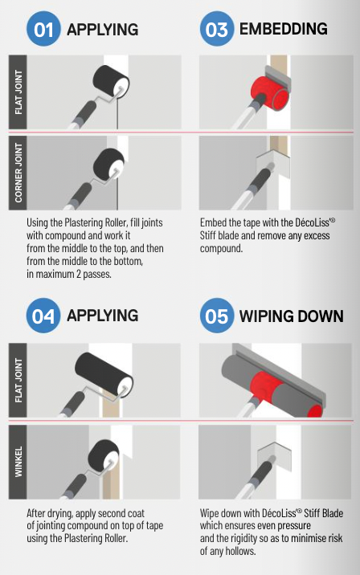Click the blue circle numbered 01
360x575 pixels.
pyautogui.click(x=43, y=30)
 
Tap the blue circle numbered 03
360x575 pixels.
pyautogui.click(x=216, y=30)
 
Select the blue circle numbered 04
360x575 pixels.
pyautogui.click(x=43, y=315)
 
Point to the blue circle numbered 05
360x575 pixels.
pyautogui.click(x=216, y=315)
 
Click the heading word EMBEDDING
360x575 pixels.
pyautogui.click(x=283, y=30)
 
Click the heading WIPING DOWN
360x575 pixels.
pyautogui.click(x=291, y=315)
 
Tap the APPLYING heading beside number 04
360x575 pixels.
pyautogui.click(x=103, y=315)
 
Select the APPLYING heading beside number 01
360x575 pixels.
pyautogui.click(x=103, y=30)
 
